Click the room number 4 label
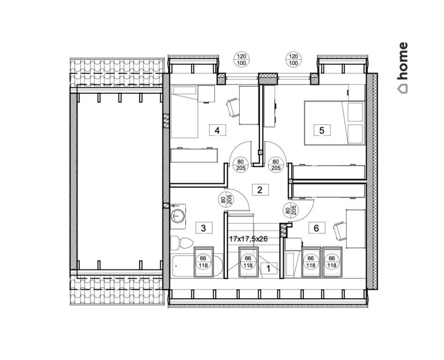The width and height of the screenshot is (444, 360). (217, 130)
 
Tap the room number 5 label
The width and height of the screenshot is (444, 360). (322, 130)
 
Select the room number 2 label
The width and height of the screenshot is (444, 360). (260, 190)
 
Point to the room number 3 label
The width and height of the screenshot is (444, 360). (203, 228)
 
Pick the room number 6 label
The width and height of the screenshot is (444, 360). (316, 227)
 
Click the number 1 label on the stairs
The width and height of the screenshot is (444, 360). (269, 268)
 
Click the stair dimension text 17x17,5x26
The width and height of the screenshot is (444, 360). (248, 239)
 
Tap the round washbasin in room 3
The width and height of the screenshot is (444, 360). (178, 216)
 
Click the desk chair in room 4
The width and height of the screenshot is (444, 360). (233, 107)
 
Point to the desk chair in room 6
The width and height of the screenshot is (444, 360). (339, 231)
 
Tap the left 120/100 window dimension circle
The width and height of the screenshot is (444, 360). (241, 60)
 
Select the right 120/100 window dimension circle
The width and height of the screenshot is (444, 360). (293, 60)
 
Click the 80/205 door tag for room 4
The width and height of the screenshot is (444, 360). (241, 165)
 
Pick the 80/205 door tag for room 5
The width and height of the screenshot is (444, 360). (276, 165)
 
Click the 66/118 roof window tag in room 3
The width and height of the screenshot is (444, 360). (203, 262)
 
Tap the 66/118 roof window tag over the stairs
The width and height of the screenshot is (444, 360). (248, 262)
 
